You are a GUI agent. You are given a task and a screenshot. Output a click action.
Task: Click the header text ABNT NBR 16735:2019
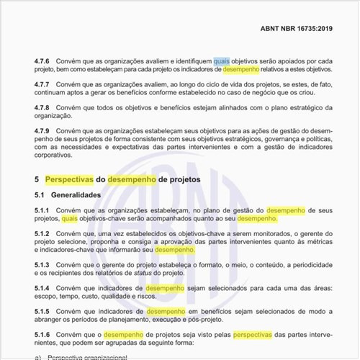click(297, 30)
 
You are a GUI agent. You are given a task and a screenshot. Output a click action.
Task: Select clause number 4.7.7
click(44, 85)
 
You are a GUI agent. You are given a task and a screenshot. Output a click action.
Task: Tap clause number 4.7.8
click(44, 108)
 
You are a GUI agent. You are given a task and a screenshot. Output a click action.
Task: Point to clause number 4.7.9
click(44, 130)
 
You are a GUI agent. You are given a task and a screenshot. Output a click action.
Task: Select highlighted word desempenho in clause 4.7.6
click(241, 71)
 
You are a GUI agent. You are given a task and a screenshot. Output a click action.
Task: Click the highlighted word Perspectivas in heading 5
click(69, 179)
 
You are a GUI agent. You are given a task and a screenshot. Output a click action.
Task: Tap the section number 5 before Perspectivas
click(37, 179)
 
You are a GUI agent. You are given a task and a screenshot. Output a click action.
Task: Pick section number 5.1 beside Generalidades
click(40, 195)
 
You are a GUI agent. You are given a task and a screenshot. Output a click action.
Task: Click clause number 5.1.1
click(44, 210)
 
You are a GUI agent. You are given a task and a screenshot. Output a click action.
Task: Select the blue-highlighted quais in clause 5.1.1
click(69, 218)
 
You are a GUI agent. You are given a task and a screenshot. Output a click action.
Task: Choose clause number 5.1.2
click(44, 233)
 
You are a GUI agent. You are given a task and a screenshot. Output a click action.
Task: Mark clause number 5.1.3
click(44, 264)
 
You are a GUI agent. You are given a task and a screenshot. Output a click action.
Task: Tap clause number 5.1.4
click(44, 287)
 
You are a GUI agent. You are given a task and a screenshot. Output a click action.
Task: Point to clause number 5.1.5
click(44, 311)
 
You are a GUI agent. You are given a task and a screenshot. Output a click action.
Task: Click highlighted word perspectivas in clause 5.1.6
click(253, 334)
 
